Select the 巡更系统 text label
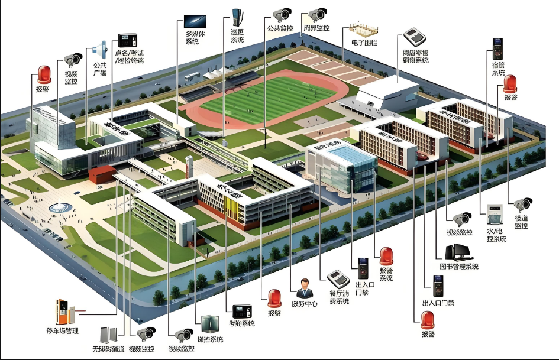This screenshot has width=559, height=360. point(237,36)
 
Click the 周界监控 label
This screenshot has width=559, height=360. point(316,28)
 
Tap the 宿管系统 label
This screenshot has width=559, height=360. point(499,69)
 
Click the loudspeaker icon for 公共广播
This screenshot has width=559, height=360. point(101,49)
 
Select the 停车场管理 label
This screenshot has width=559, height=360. point(62,330)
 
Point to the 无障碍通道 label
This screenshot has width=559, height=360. point(108,349)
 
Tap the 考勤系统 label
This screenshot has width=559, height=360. point(241,323)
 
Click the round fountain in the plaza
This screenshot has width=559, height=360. point(59,207)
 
